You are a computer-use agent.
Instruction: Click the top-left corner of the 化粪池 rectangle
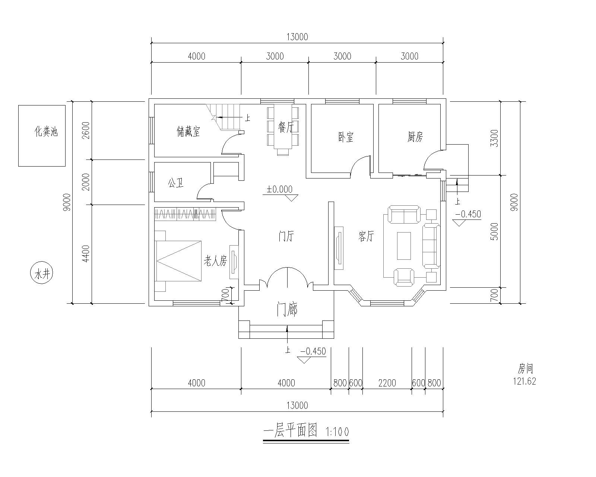(19, 105)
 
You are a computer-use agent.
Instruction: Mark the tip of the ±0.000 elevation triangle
(291, 201)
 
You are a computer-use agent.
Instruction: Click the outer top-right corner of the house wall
(446, 99)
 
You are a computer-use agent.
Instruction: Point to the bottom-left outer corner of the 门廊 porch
(239, 338)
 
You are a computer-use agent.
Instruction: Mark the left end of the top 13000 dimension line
(151, 43)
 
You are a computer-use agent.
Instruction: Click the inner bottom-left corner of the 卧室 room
(311, 173)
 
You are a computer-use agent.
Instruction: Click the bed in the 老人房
(178, 261)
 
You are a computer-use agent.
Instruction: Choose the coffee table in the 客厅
(404, 246)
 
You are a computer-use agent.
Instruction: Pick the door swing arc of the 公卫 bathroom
(205, 191)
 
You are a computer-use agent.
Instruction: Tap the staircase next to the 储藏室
(223, 117)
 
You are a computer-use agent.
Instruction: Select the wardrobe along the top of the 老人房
(185, 214)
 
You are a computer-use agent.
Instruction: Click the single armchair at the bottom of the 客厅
(404, 277)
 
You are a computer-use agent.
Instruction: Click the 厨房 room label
(415, 137)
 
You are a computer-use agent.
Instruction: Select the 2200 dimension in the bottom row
(387, 383)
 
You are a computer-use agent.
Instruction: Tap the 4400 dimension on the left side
(86, 254)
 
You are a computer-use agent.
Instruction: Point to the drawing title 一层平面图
(290, 431)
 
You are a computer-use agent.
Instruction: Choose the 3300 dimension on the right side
(494, 138)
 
